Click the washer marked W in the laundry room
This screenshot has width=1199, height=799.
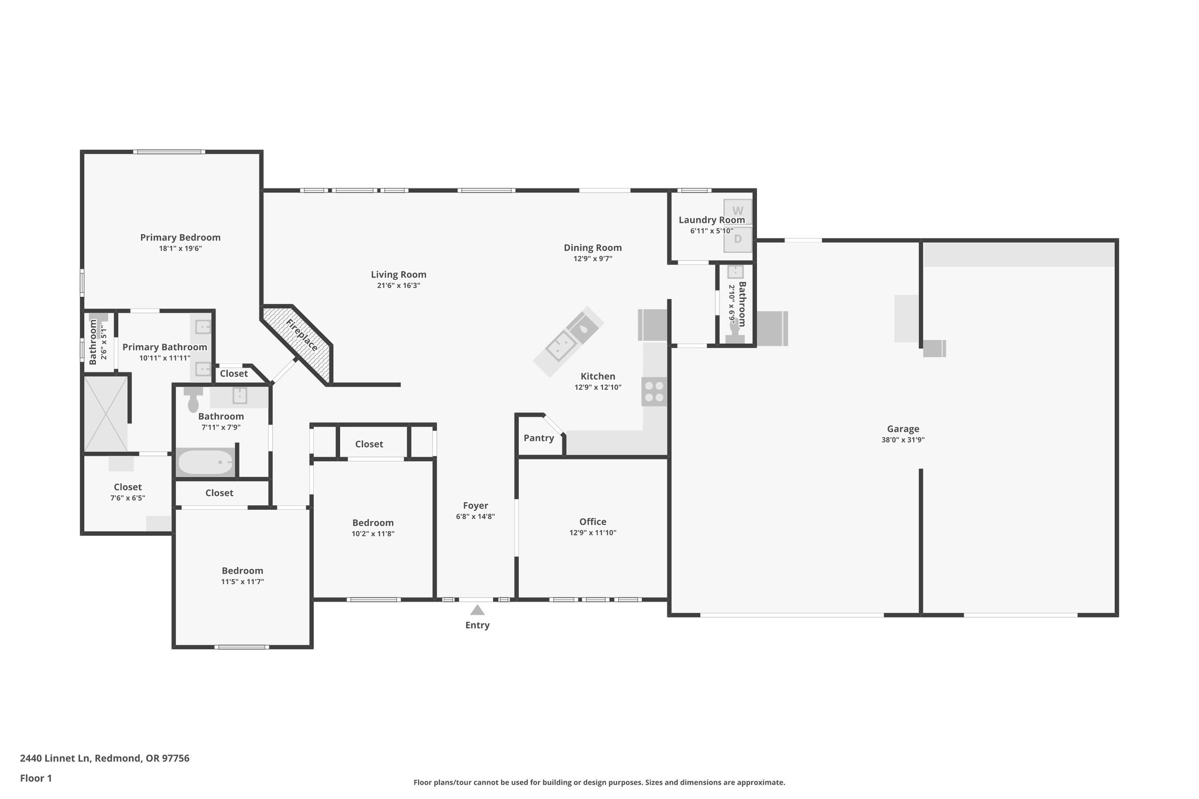(738, 211)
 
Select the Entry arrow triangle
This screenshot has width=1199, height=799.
(477, 610)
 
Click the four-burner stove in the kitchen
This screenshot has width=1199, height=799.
(654, 391)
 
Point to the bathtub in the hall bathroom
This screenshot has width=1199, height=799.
(205, 462)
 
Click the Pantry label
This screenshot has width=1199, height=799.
(539, 438)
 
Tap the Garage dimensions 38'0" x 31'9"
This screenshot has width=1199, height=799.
(903, 440)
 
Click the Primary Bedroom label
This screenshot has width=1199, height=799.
(180, 237)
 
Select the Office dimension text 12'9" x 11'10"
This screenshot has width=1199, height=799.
(592, 533)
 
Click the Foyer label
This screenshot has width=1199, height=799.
(475, 505)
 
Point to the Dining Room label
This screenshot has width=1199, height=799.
(592, 248)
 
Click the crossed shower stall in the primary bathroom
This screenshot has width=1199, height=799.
(105, 414)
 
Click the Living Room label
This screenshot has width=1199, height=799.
(398, 275)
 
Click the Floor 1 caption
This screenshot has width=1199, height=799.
(36, 778)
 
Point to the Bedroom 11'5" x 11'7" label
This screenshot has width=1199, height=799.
(242, 571)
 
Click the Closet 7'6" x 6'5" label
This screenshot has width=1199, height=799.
(128, 487)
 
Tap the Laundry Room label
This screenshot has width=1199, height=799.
(711, 220)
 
